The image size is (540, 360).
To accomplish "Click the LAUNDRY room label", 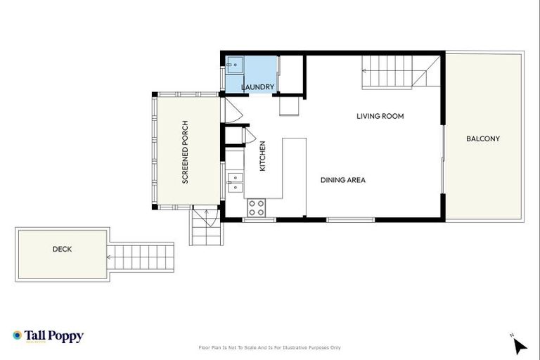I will pyautogui.click(x=257, y=87).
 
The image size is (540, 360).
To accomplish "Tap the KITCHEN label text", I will pyautogui.click(x=262, y=156).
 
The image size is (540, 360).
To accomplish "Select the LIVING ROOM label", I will pyautogui.click(x=380, y=116).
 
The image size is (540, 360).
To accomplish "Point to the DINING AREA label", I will pyautogui.click(x=342, y=180).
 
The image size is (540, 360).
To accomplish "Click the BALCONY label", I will pyautogui.click(x=483, y=139).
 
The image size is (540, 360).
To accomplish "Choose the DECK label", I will pyautogui.click(x=62, y=249).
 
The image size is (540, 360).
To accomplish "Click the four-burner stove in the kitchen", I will pyautogui.click(x=257, y=207).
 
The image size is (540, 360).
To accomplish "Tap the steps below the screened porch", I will pyautogui.click(x=205, y=228).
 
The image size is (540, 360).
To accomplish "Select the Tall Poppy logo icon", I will pyautogui.click(x=18, y=336).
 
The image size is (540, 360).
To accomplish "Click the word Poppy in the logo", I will pyautogui.click(x=67, y=336).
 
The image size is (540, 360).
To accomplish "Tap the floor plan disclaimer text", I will pyautogui.click(x=270, y=347).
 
